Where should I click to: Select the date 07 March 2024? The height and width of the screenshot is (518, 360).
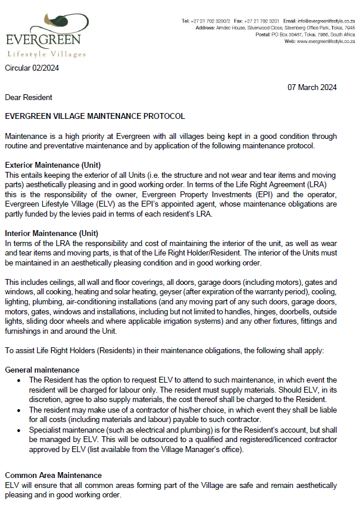[312, 87]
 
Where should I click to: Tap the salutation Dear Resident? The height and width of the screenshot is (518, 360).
[28, 97]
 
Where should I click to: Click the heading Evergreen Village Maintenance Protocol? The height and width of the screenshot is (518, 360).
[95, 117]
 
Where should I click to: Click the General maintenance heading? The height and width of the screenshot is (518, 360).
[42, 370]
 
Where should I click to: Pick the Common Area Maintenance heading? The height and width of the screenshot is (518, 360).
[53, 475]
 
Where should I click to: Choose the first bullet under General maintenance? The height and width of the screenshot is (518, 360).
[24, 380]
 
